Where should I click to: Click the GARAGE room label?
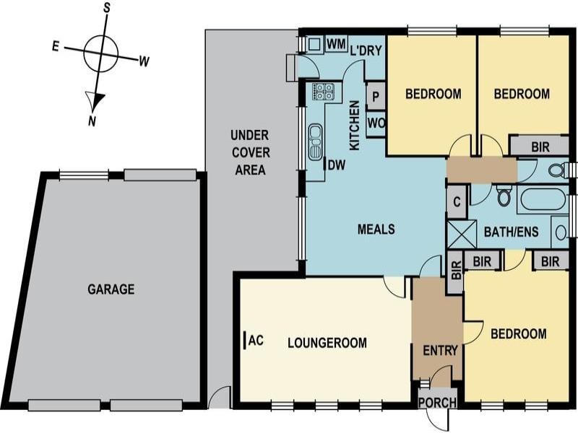click(x=111, y=289)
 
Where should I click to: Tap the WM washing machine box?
click(x=336, y=44)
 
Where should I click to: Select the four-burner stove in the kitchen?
click(x=323, y=92)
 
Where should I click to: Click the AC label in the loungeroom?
click(x=256, y=341)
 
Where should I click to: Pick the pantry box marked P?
click(x=376, y=97)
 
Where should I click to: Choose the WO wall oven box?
click(x=376, y=123)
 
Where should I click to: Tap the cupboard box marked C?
click(x=457, y=202)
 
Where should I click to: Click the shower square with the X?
click(x=462, y=234)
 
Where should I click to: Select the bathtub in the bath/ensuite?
click(x=543, y=199)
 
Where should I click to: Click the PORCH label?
click(x=438, y=403)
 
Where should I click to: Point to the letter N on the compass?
click(x=92, y=121)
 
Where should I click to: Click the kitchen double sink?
click(x=316, y=141)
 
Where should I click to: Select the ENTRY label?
click(x=440, y=351)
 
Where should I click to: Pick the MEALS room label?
click(x=376, y=229)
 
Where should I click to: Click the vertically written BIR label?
click(x=456, y=270)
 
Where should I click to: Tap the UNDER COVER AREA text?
click(x=250, y=152)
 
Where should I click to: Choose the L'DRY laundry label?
click(x=366, y=51)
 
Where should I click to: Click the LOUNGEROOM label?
click(x=327, y=343)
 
